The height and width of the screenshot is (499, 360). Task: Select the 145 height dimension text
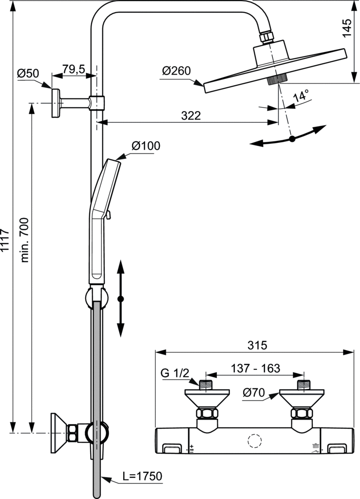click(x=346, y=28)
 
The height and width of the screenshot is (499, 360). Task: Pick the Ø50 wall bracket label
click(x=28, y=74)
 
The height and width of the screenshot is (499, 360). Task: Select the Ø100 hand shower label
click(x=146, y=146)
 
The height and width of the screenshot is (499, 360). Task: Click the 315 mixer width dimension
click(x=257, y=345)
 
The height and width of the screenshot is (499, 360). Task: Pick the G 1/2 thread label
click(x=174, y=374)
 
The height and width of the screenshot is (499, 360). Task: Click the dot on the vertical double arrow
click(x=121, y=298)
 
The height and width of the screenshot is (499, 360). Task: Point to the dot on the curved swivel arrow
click(x=292, y=139)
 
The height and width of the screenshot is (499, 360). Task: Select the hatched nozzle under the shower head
click(x=278, y=80)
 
